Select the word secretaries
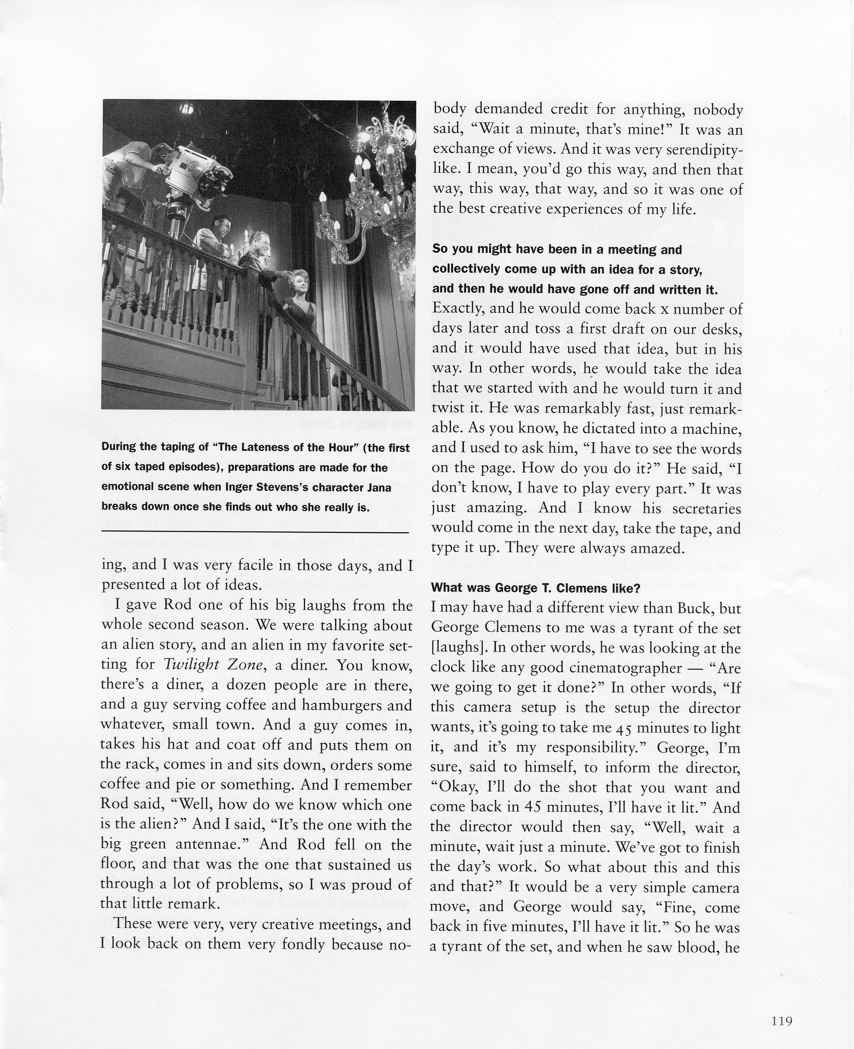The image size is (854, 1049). pyautogui.click(x=706, y=508)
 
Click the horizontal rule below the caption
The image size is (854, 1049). pyautogui.click(x=255, y=532)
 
